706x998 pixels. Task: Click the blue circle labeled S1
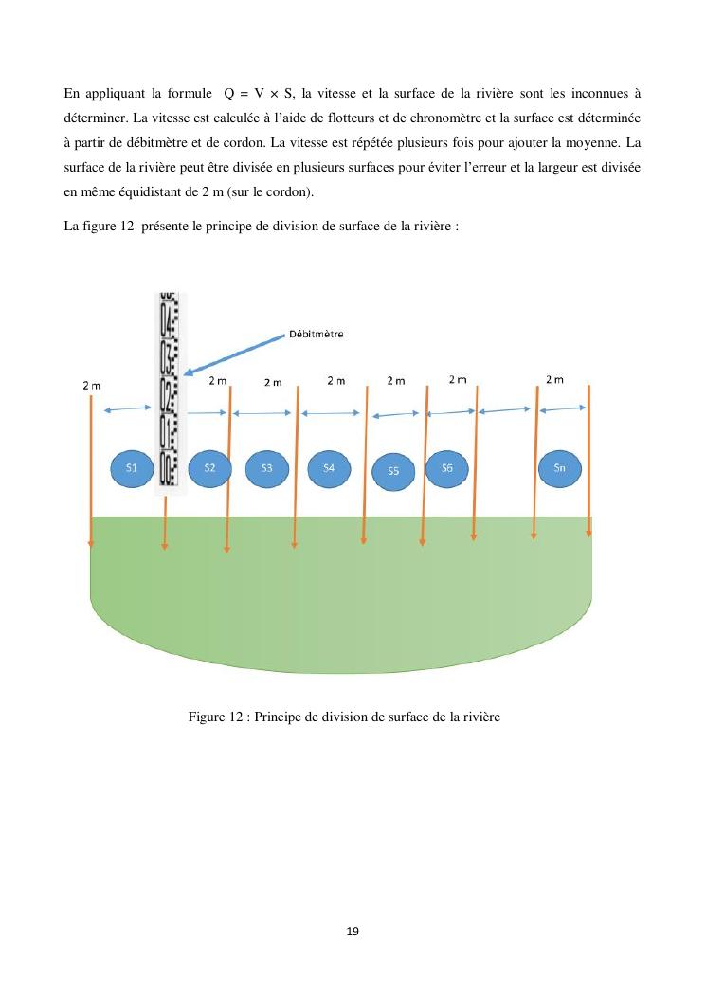click(x=132, y=468)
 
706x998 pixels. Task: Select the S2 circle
click(x=210, y=468)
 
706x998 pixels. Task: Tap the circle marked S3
click(x=267, y=468)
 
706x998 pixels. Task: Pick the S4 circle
click(x=329, y=468)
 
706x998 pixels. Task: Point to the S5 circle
click(x=393, y=471)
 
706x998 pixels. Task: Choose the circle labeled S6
click(x=447, y=467)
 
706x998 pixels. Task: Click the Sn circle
click(x=559, y=468)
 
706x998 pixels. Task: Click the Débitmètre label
click(x=316, y=334)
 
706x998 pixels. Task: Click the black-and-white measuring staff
click(x=170, y=390)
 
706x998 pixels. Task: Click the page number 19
click(x=353, y=932)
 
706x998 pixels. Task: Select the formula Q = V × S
click(x=259, y=94)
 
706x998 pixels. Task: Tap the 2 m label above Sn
click(x=554, y=380)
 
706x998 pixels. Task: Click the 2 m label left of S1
click(x=92, y=386)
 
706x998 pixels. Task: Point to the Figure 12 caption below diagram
click(x=343, y=717)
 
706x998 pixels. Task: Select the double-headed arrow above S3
click(x=262, y=413)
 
